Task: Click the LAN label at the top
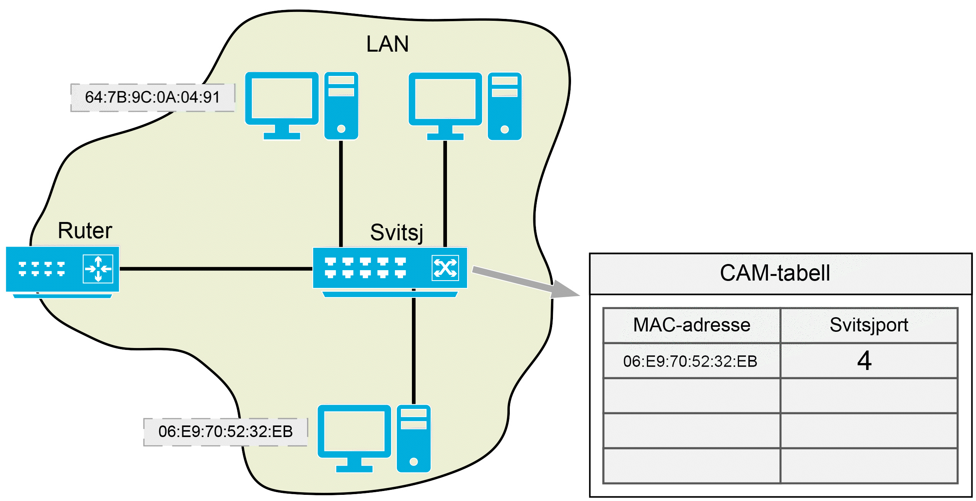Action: pos(387,44)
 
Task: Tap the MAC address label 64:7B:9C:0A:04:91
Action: pos(153,98)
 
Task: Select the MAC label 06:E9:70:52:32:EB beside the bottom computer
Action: pos(225,432)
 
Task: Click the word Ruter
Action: pos(85,231)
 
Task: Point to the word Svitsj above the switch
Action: pos(396,232)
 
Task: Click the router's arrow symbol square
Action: pos(98,269)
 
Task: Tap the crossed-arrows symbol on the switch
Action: pos(445,268)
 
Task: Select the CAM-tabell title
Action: pos(775,273)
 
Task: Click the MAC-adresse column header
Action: pos(692,325)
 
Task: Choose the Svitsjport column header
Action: pos(869,325)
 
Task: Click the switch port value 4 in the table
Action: pos(865,361)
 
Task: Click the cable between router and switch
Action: pos(216,269)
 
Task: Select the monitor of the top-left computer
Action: pos(282,99)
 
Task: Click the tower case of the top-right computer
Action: pos(504,106)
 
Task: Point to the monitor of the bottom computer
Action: pos(354,432)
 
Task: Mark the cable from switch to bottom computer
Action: pos(414,347)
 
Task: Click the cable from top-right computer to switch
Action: pos(445,193)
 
